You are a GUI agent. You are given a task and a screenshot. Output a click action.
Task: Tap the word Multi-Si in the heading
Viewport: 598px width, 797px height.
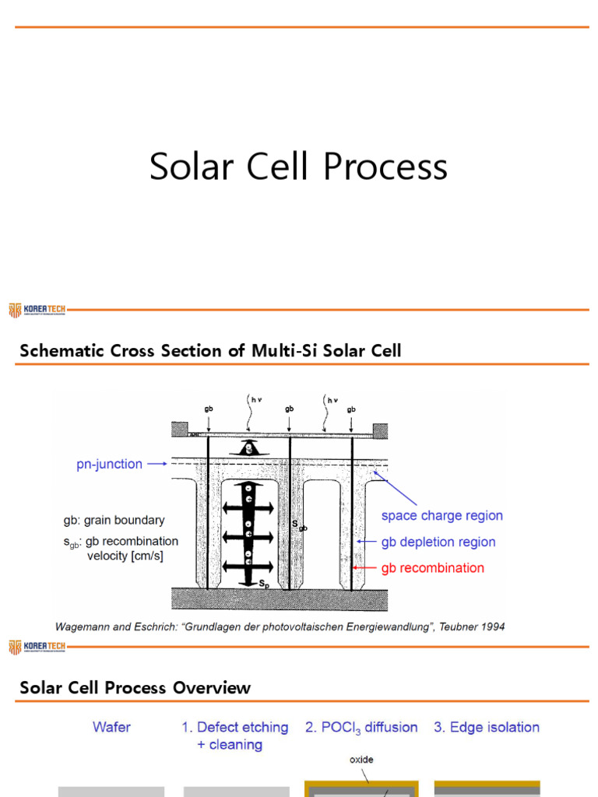coord(281,351)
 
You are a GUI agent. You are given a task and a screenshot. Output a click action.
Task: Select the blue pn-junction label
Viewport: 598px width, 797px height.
coord(109,465)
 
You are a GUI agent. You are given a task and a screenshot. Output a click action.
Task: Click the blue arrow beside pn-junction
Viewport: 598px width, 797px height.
coord(157,465)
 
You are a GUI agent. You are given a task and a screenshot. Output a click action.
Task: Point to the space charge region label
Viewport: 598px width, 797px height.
coord(441,516)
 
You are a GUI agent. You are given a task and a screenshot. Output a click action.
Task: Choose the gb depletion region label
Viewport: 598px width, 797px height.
coord(438,542)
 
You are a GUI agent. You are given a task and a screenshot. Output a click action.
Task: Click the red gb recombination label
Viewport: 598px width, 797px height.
coord(432,568)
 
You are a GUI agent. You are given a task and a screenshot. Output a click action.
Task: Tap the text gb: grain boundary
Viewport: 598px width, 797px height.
coord(114,520)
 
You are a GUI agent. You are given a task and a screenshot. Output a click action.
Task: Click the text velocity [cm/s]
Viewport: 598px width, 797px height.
coord(125,556)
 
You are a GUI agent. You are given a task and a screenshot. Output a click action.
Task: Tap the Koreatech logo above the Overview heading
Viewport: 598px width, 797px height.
coord(37,648)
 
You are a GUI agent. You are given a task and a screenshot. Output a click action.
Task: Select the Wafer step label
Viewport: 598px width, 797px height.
coord(112,728)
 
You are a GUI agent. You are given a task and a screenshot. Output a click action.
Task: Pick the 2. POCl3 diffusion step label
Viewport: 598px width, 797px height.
coord(361,728)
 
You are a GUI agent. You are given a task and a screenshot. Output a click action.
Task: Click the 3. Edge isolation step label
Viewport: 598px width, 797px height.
coord(487,728)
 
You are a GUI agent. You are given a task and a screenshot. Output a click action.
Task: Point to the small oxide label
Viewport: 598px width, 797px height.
coord(361,759)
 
